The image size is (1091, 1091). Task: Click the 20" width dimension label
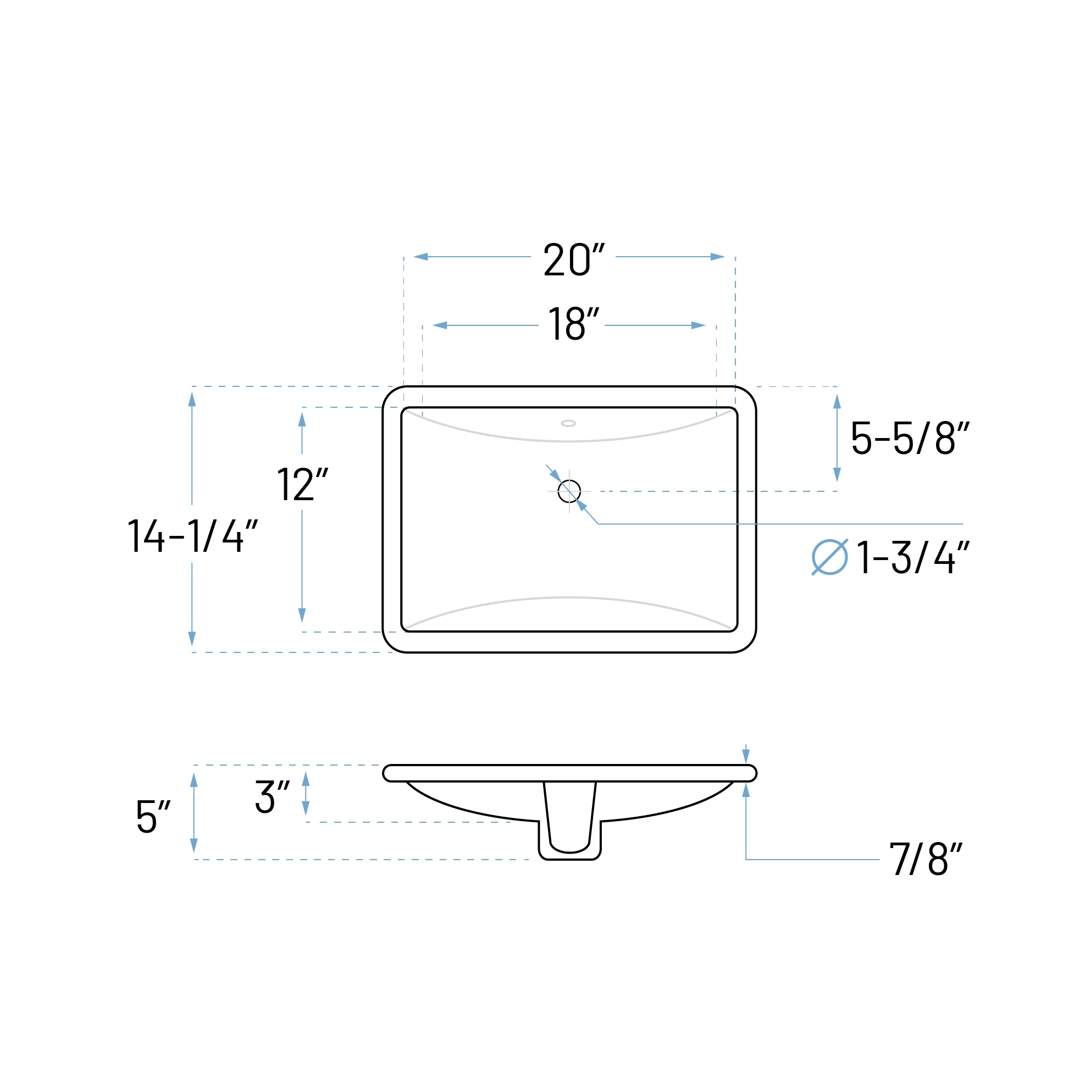[573, 261]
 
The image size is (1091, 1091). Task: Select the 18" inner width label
[573, 324]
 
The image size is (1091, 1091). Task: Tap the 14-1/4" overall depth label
[192, 536]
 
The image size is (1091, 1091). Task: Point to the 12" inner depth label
[302, 485]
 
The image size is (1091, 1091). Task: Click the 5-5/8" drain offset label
[910, 437]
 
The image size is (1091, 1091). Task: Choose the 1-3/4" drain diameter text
[912, 558]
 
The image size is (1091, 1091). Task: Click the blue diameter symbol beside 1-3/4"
[829, 558]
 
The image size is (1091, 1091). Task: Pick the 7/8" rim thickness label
[926, 859]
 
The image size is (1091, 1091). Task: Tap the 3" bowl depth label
[272, 797]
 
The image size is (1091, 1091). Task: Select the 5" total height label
[152, 817]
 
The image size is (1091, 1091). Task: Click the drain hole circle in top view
[569, 491]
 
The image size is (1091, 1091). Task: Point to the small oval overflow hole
[569, 424]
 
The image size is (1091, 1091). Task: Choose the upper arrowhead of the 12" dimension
[302, 419]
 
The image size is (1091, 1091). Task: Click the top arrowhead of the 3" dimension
[306, 779]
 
